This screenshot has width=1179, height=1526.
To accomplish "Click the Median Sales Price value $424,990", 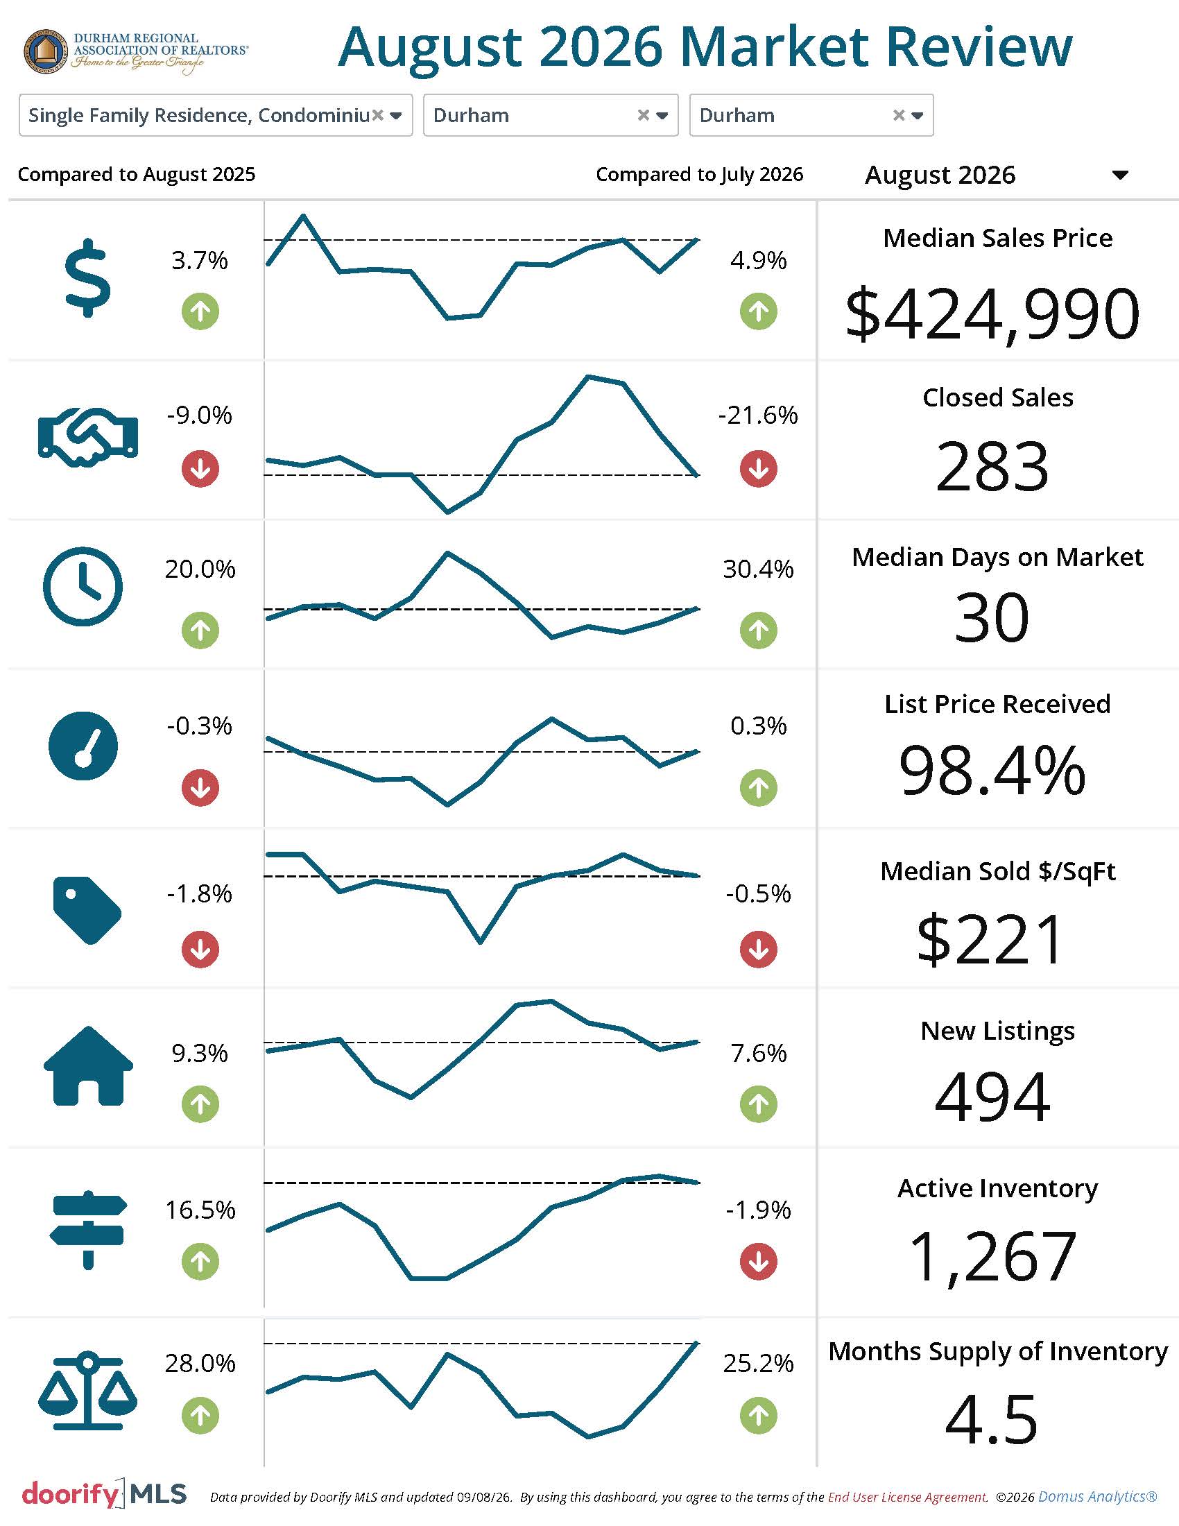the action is pyautogui.click(x=992, y=314).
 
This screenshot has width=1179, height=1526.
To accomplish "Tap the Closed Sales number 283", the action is pyautogui.click(x=992, y=465).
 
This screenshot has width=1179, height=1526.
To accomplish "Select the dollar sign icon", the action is pyautogui.click(x=88, y=278).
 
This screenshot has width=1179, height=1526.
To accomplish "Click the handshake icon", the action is pyautogui.click(x=88, y=438).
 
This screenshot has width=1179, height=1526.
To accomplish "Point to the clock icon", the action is pyautogui.click(x=83, y=586).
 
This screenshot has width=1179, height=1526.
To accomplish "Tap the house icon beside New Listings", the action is pyautogui.click(x=88, y=1065).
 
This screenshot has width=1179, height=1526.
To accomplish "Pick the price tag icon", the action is pyautogui.click(x=87, y=911).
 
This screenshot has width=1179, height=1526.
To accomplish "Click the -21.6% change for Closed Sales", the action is pyautogui.click(x=758, y=415).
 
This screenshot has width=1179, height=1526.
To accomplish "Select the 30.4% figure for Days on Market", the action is pyautogui.click(x=758, y=569).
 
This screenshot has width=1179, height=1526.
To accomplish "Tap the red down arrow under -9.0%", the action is pyautogui.click(x=200, y=468).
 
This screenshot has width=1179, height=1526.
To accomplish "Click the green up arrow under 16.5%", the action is pyautogui.click(x=200, y=1262).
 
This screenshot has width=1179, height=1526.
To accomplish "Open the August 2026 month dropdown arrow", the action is pyautogui.click(x=1120, y=175).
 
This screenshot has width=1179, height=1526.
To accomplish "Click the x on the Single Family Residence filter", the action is pyautogui.click(x=377, y=115).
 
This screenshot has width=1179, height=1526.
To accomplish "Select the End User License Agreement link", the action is pyautogui.click(x=908, y=1497).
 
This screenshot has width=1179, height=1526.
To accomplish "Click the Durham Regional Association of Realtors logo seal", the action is pyautogui.click(x=46, y=51).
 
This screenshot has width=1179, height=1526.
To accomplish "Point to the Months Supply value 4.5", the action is pyautogui.click(x=991, y=1420).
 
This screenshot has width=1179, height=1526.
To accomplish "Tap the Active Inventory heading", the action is pyautogui.click(x=997, y=1188).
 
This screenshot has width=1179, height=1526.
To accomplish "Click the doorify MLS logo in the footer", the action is pyautogui.click(x=105, y=1494).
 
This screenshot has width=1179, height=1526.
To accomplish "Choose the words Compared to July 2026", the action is pyautogui.click(x=699, y=174).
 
